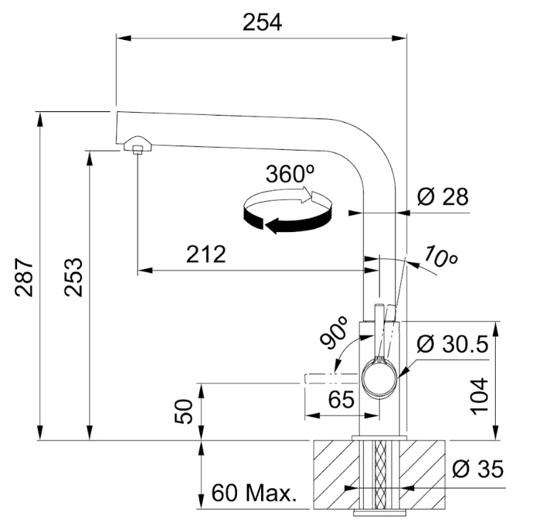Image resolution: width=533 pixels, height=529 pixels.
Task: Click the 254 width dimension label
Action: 262,22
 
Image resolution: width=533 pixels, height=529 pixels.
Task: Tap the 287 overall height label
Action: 24,278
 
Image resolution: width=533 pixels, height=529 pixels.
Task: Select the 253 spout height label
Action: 73,277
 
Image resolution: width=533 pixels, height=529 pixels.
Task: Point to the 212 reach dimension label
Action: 206,253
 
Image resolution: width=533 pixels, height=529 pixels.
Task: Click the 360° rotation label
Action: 290,174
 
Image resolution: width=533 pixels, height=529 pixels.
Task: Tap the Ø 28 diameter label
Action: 442,196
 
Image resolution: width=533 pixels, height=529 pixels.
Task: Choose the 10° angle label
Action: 440,256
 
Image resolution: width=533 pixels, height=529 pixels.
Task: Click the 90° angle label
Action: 334,333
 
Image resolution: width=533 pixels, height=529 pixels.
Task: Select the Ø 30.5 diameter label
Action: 453,343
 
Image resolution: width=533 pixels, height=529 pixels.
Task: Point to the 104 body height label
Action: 479,396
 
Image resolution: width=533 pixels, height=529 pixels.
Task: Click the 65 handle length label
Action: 341,399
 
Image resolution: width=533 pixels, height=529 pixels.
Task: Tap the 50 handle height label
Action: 183,412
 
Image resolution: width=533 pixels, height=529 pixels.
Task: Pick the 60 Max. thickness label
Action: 253,493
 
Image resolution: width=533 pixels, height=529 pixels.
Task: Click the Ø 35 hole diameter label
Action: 478,469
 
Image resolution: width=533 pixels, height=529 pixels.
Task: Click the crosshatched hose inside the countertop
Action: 380,475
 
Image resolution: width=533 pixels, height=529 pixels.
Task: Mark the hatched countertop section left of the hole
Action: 336,475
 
